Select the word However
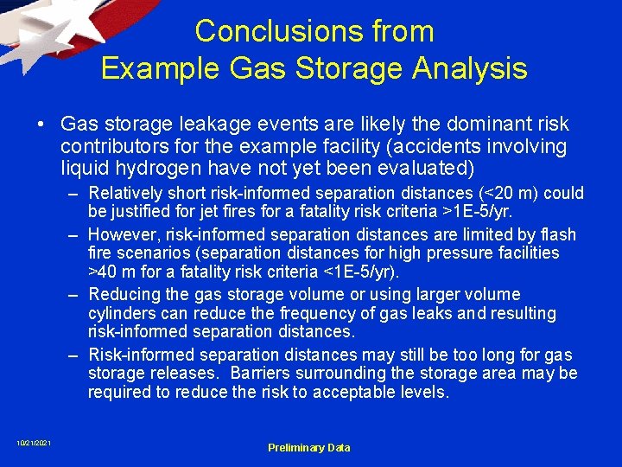tap(119, 234)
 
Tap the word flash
tap(557, 234)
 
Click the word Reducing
tap(124, 295)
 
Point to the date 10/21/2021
tap(34, 444)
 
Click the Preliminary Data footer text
tap(308, 447)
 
